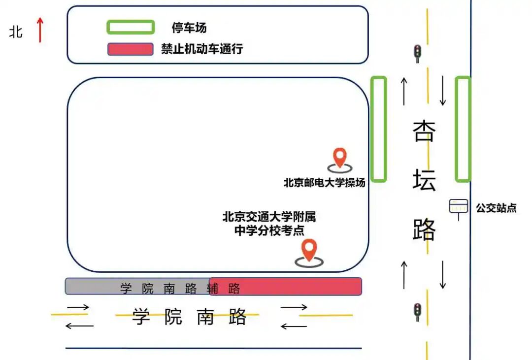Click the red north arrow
tap(40, 30)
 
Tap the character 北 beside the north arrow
tap(16, 32)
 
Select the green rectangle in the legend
tap(131, 27)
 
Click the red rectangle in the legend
tap(130, 49)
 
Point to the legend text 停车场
tap(189, 28)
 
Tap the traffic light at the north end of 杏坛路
tap(418, 53)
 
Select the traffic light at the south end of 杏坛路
tap(418, 312)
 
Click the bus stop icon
tap(458, 207)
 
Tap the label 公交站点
tap(496, 208)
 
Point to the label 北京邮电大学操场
tap(324, 183)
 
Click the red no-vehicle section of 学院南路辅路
tap(286, 286)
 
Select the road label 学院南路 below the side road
tap(189, 317)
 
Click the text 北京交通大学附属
tap(268, 217)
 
